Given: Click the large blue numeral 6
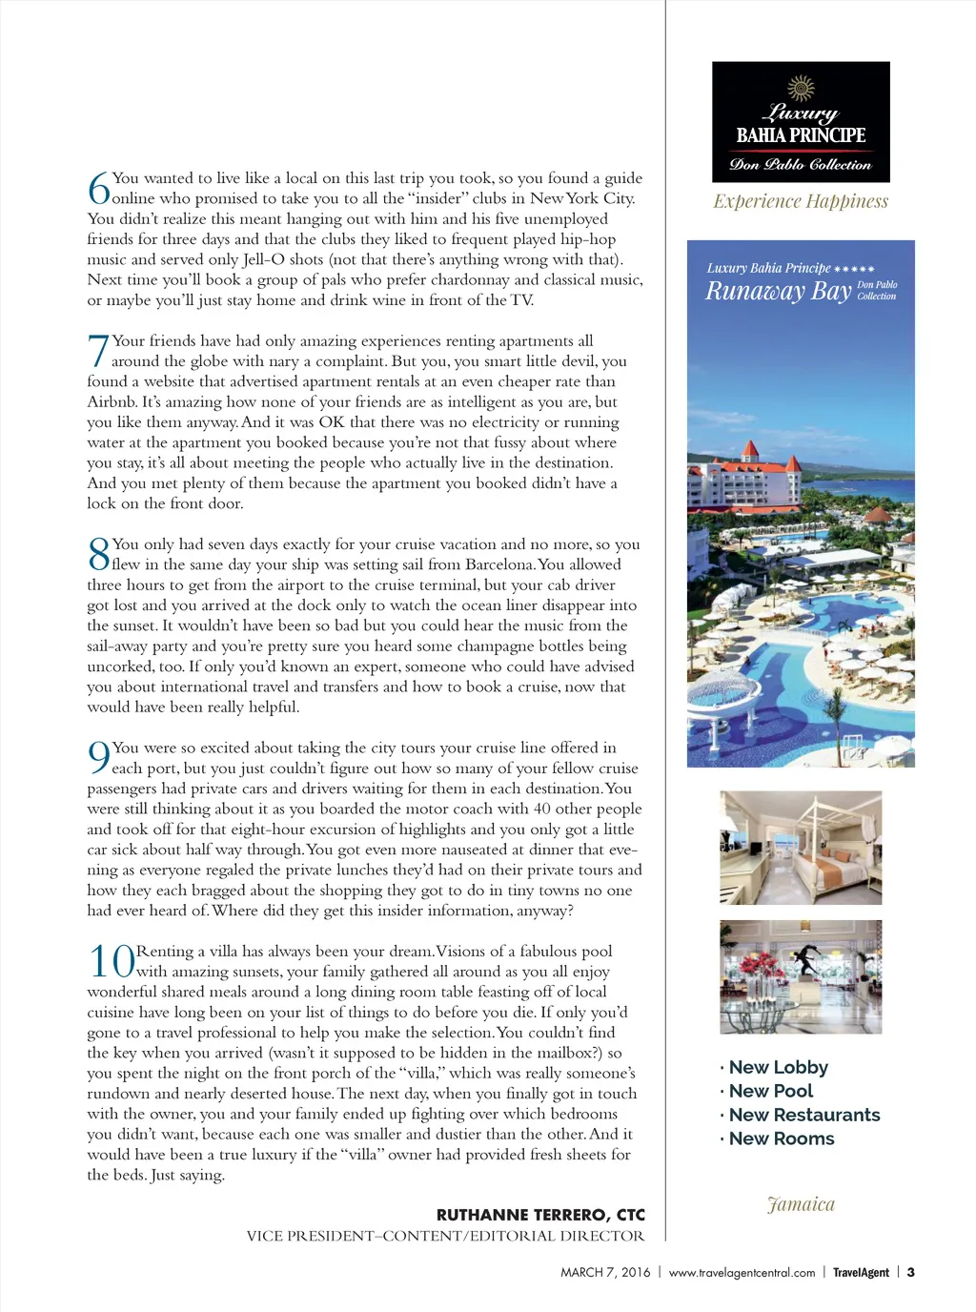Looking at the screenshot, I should coord(99,188).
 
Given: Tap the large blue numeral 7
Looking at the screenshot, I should coord(99,351).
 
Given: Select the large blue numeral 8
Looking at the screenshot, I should coord(99,554).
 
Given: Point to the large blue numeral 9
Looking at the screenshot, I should coord(99,758).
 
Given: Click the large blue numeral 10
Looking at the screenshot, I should coord(112,961).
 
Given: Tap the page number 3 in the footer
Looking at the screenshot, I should coord(911,1272).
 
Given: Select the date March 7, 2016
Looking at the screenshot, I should coord(605,1272).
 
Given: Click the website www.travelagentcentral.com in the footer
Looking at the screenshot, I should coord(742,1272).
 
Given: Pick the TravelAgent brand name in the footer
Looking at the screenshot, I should coord(861,1272).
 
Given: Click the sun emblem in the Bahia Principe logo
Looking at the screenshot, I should coord(801,88).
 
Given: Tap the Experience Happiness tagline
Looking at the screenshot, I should coord(801,201).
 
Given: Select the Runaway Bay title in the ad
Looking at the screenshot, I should coord(778,291).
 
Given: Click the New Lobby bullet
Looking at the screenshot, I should coord(778,1067).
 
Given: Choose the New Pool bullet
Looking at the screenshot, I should coord(770,1091).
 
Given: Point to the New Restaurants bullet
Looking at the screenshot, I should coord(803,1115).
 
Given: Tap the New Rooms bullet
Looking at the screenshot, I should coord(781,1138).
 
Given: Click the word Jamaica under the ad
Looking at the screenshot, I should coord(801,1204).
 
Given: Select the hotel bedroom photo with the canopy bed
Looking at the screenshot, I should coord(801,848).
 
